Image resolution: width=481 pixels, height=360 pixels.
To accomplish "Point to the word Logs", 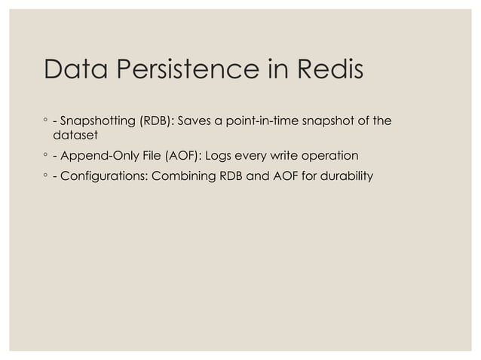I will tap(213, 156).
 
